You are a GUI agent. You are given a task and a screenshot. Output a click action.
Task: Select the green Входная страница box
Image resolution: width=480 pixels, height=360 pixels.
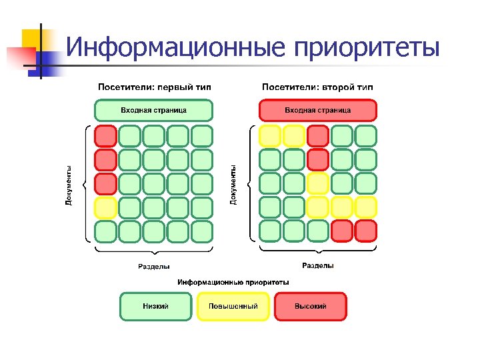[153, 110]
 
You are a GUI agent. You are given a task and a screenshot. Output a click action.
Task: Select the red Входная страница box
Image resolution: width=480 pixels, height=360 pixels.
[317, 110]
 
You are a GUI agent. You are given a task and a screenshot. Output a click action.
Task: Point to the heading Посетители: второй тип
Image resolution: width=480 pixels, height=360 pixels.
[317, 87]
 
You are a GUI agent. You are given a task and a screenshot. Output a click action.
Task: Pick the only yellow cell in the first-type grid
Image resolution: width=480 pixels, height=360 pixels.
[105, 208]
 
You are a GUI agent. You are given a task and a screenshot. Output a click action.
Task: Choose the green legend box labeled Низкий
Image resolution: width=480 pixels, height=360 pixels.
[155, 307]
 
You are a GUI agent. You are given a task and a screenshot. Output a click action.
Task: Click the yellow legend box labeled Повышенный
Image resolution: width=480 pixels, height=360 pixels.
[233, 307]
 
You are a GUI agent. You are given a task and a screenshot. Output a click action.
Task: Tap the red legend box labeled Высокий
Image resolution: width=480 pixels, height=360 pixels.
[311, 307]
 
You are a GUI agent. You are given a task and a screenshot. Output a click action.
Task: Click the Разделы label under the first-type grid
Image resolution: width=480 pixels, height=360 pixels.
[153, 267]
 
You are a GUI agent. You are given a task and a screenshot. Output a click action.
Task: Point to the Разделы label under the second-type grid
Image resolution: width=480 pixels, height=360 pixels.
[318, 266]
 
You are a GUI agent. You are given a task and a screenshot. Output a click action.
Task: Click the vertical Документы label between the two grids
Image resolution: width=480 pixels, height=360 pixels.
[233, 185]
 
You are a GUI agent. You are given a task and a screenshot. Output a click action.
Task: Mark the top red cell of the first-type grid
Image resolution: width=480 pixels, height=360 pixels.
[105, 136]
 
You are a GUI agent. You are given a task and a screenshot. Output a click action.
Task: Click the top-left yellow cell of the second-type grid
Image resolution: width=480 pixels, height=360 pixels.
[269, 136]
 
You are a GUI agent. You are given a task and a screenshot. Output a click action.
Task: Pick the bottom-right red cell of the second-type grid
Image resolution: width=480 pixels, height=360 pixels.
[366, 231]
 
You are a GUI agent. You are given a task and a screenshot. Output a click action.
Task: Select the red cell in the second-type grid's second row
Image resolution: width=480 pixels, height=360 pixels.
[318, 160]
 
